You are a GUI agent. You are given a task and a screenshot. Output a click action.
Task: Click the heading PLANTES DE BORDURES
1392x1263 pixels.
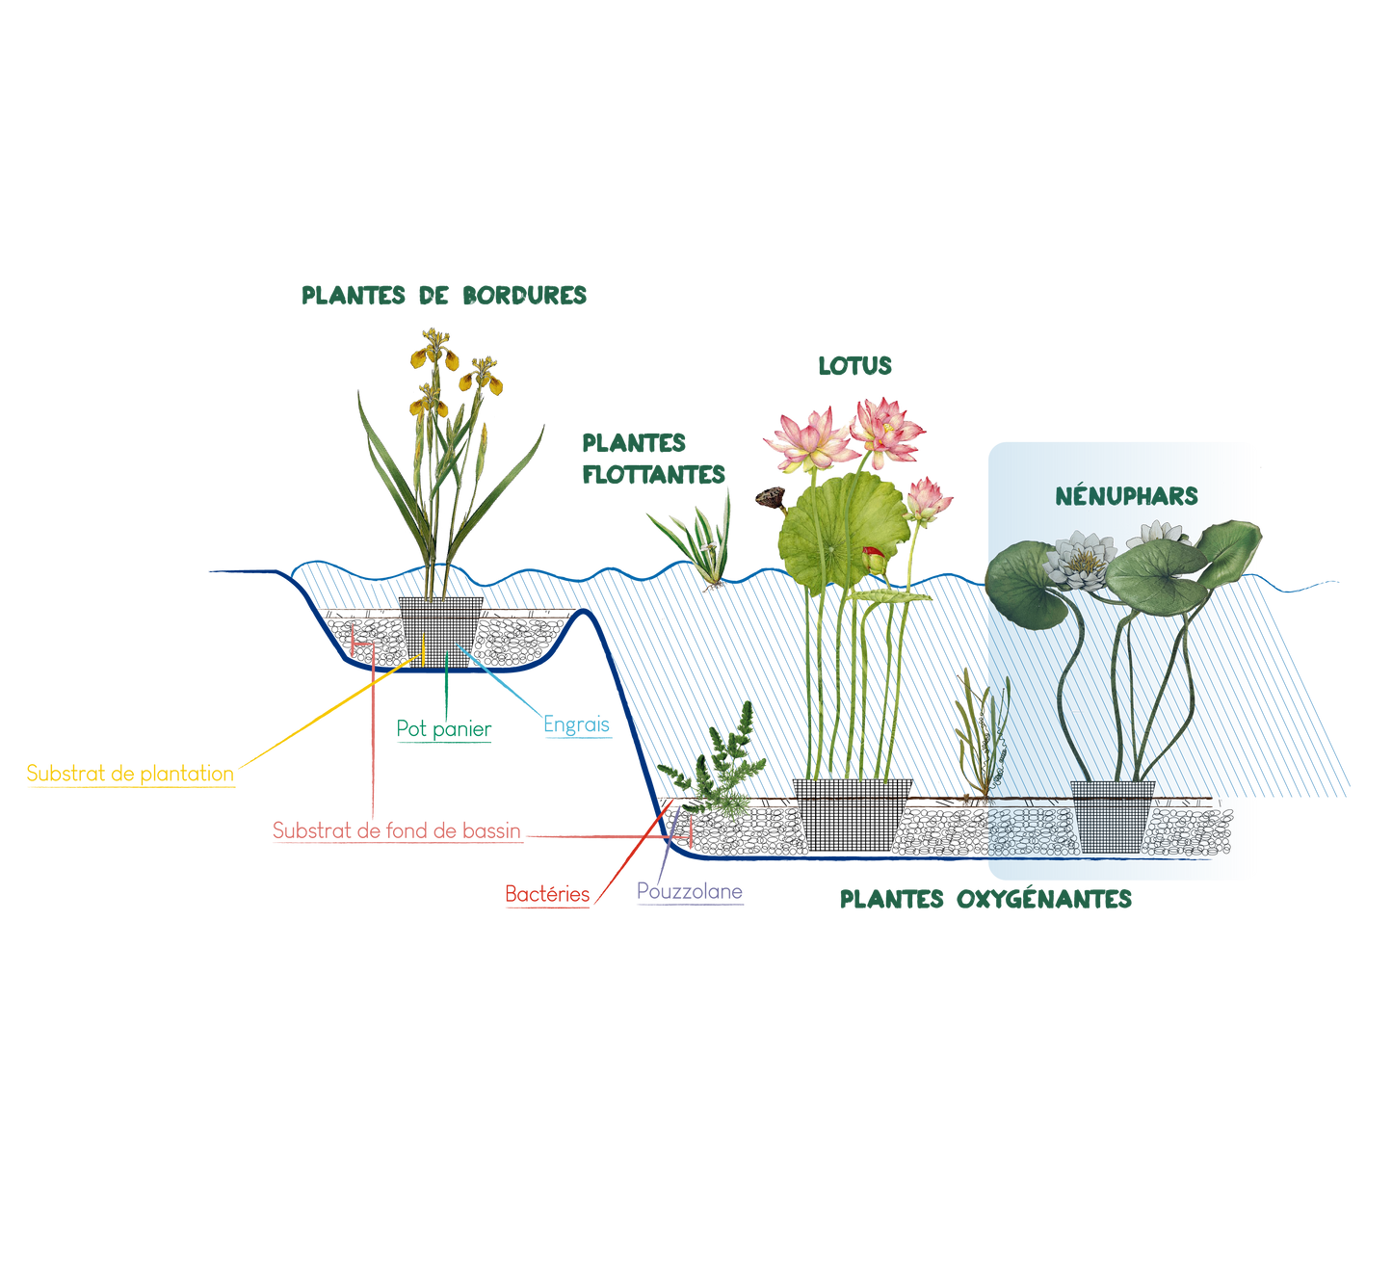pos(444,296)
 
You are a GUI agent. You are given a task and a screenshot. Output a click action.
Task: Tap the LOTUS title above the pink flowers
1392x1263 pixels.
pos(854,366)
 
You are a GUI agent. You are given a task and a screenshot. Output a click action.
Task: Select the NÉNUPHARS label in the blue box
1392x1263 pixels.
pos(1125,497)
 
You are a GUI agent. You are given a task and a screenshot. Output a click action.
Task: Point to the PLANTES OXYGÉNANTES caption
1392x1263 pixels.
pos(985,900)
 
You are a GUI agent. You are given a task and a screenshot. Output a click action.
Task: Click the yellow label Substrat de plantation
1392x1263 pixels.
pos(130,774)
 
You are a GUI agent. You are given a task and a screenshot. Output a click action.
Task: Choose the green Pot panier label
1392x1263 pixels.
pos(444,730)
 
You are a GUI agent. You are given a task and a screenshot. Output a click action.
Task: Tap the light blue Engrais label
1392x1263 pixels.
pos(577,724)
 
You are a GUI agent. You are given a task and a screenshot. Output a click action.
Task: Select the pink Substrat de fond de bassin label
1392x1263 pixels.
pos(397,830)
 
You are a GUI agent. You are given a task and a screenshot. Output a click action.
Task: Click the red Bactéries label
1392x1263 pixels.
pos(547,895)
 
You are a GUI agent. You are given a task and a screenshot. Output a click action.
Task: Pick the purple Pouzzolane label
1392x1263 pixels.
pos(690,892)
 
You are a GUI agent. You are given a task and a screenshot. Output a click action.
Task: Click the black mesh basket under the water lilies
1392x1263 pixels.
pos(1113,815)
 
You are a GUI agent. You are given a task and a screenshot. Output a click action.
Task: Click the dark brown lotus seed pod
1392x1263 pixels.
pos(770,497)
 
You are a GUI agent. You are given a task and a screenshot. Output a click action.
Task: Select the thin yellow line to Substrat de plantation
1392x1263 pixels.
pos(318,719)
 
